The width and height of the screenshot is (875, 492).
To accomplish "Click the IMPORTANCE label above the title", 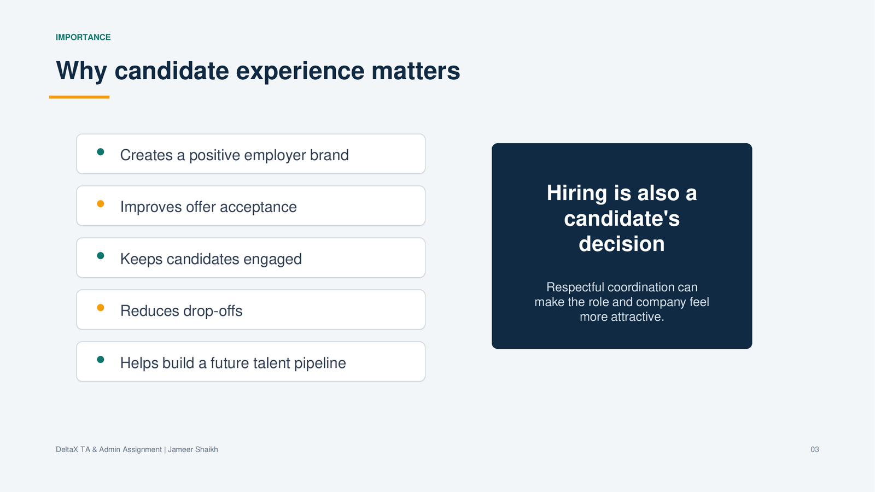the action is tap(83, 37).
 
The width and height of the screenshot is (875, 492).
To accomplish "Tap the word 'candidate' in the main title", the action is tap(172, 71).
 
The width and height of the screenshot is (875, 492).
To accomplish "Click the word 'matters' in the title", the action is tap(416, 71).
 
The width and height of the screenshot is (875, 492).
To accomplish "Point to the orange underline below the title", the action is tap(79, 97).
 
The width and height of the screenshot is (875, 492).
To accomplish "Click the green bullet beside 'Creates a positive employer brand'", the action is tap(101, 152).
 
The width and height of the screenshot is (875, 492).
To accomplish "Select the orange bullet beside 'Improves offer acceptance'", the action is tap(101, 204).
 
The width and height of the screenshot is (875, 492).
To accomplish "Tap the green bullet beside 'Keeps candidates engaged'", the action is tap(101, 256).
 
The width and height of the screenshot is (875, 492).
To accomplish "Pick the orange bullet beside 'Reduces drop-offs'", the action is tap(101, 308).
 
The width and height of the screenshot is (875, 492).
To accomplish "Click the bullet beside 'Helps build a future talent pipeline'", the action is tap(101, 360).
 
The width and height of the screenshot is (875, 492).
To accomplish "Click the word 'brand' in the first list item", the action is tap(329, 155).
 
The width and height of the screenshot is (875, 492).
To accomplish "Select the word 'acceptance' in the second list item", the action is tap(258, 207).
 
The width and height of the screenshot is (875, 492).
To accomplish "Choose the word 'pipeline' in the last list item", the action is tap(320, 363).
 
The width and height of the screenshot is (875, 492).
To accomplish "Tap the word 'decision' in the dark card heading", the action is tap(621, 244).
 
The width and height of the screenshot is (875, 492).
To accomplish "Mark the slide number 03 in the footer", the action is tap(814, 449).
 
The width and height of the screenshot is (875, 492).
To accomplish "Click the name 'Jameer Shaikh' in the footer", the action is tap(193, 449).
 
